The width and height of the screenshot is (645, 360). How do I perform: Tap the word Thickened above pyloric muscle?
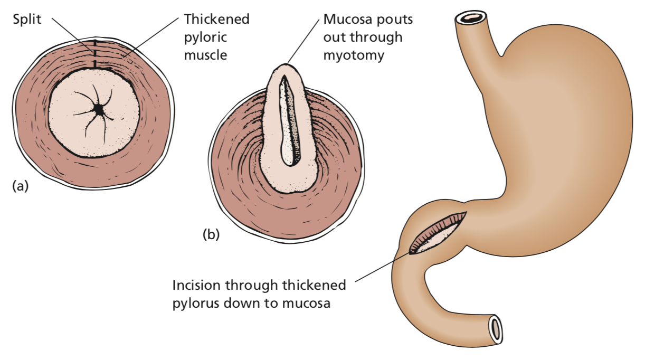(216, 20)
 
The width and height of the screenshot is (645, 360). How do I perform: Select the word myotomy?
(353, 54)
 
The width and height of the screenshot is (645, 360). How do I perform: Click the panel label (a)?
(20, 186)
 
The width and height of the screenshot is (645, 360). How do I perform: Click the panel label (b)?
(211, 234)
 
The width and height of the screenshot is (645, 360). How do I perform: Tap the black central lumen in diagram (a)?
(98, 109)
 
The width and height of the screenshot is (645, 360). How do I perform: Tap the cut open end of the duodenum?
(495, 329)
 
